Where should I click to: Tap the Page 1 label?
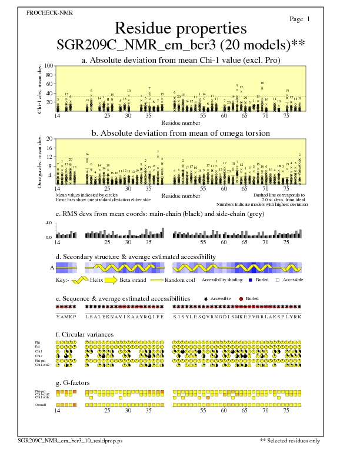pyautogui.click(x=300, y=19)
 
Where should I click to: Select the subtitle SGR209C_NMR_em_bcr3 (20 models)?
pyautogui.click(x=176, y=45)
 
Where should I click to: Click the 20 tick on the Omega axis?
pyautogui.click(x=50, y=139)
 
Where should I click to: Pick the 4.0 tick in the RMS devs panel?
pyautogui.click(x=50, y=224)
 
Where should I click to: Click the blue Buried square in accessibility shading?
pyautogui.click(x=251, y=281)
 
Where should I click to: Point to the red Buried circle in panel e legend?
pyautogui.click(x=241, y=299)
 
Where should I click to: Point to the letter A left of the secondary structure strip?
pyautogui.click(x=51, y=268)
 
